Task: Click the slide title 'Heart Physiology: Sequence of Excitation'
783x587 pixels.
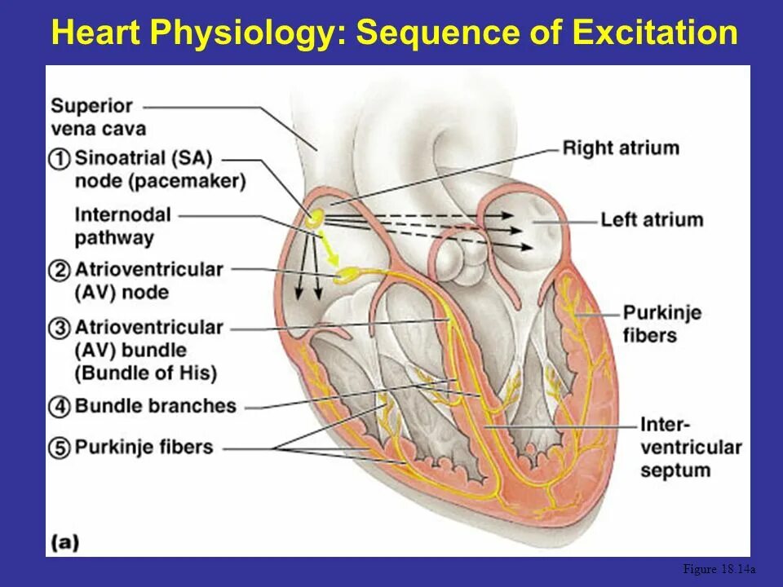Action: tap(394, 33)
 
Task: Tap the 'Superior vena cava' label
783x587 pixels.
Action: tap(98, 117)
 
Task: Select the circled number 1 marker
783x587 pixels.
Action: tap(60, 158)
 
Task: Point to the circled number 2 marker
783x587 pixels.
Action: tap(60, 270)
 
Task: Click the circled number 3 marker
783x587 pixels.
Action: tap(60, 329)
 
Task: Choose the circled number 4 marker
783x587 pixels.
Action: tap(60, 406)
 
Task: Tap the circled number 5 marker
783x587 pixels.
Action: tap(60, 448)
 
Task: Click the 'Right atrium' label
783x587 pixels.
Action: tap(620, 148)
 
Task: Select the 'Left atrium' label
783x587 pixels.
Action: tap(651, 220)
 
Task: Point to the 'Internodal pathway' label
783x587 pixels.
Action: tap(122, 227)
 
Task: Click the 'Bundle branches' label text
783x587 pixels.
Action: tap(155, 406)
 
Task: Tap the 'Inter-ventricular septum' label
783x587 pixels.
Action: tap(690, 448)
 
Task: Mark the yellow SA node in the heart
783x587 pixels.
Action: tap(314, 218)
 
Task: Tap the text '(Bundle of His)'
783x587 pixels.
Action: tap(146, 374)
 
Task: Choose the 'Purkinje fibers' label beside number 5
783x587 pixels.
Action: tap(144, 448)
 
